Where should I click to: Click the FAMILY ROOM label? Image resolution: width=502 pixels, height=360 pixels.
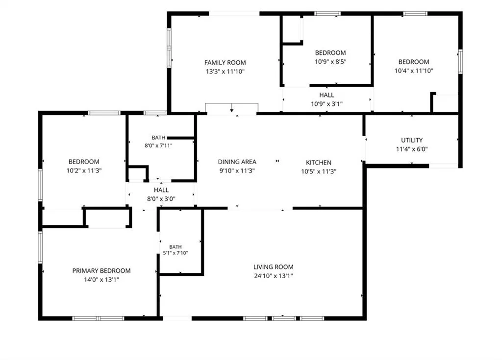pyautogui.click(x=225, y=62)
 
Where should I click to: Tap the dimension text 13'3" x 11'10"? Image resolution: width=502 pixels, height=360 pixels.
pyautogui.click(x=225, y=72)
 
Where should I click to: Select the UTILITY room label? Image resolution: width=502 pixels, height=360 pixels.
pyautogui.click(x=412, y=140)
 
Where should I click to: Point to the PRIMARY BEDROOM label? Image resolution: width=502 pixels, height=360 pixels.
pyautogui.click(x=101, y=271)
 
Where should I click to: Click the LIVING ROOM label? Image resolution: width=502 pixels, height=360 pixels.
pyautogui.click(x=274, y=267)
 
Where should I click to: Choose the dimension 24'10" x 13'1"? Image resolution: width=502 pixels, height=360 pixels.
pyautogui.click(x=274, y=276)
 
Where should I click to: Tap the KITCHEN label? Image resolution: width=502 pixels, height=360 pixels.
pyautogui.click(x=319, y=163)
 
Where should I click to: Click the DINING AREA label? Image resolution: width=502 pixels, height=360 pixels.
pyautogui.click(x=237, y=162)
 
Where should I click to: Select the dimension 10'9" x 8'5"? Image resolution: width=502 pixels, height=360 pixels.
pyautogui.click(x=330, y=61)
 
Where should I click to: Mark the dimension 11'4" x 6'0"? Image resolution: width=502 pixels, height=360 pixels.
pyautogui.click(x=412, y=149)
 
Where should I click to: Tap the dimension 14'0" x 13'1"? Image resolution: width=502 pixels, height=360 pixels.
pyautogui.click(x=101, y=280)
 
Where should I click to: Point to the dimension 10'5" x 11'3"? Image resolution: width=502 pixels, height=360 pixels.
pyautogui.click(x=319, y=171)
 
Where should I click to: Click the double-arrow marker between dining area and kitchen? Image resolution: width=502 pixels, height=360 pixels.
pyautogui.click(x=277, y=161)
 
